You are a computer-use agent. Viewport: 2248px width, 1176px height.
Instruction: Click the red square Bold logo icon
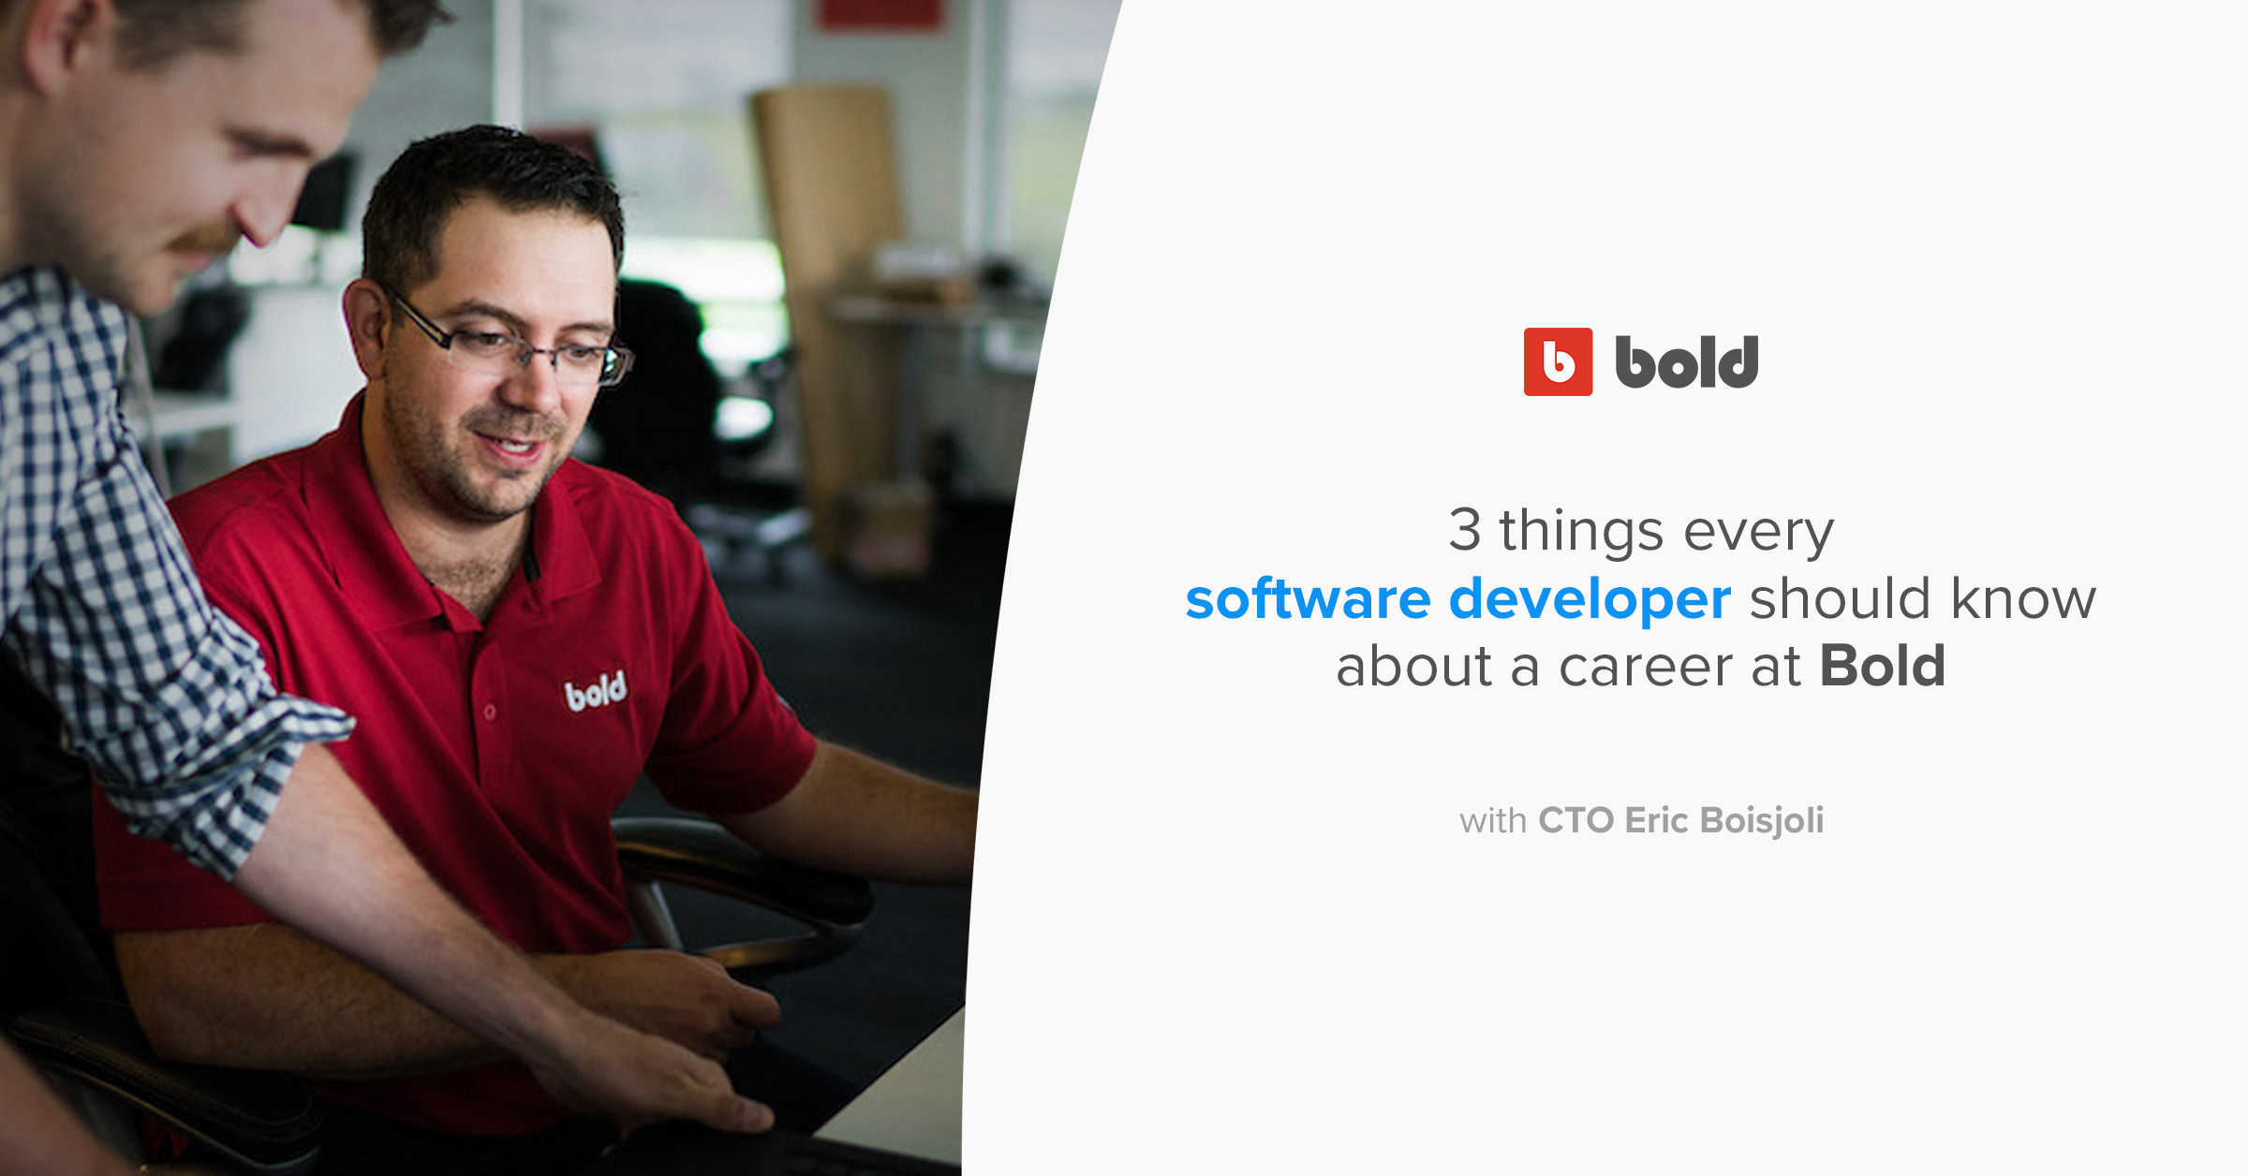pos(1558,361)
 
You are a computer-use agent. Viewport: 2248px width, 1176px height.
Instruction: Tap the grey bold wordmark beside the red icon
pos(1686,362)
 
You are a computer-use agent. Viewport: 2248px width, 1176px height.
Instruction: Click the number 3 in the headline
pos(1464,530)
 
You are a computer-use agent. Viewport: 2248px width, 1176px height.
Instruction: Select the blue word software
pos(1308,599)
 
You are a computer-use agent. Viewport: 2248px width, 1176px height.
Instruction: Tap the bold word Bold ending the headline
pos(1882,667)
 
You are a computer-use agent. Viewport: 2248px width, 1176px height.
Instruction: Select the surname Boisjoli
pos(1761,820)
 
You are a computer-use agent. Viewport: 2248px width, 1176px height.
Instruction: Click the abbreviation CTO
pos(1575,820)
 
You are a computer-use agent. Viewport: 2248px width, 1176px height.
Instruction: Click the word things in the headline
pos(1581,531)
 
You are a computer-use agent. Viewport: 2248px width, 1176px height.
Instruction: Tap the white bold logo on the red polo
pos(595,692)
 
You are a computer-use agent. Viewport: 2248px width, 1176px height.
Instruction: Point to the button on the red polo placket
pos(489,713)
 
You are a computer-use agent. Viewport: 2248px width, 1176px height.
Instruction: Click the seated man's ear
pos(365,323)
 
